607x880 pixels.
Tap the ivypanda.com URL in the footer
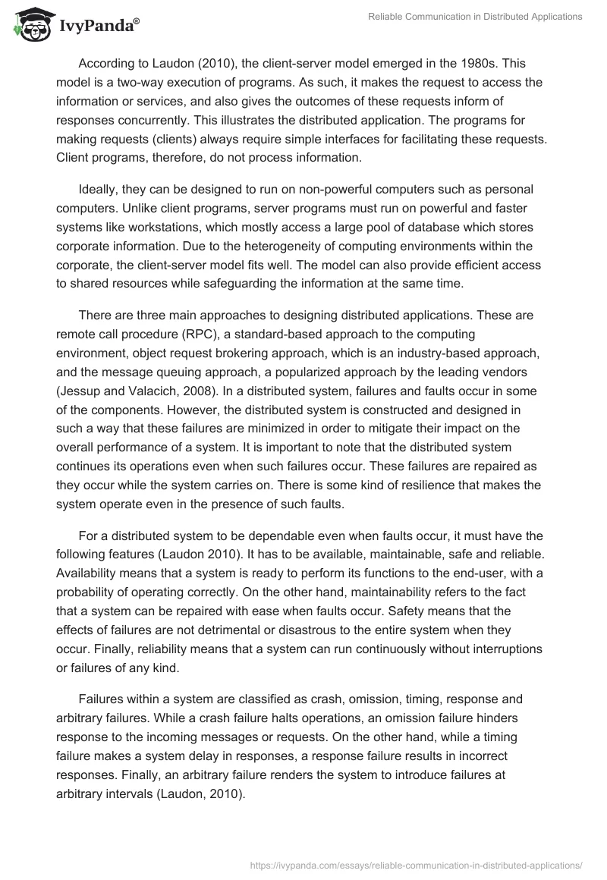point(416,863)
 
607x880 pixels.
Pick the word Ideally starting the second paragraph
point(102,190)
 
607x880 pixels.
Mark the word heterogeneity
point(173,245)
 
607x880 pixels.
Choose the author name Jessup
point(82,388)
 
